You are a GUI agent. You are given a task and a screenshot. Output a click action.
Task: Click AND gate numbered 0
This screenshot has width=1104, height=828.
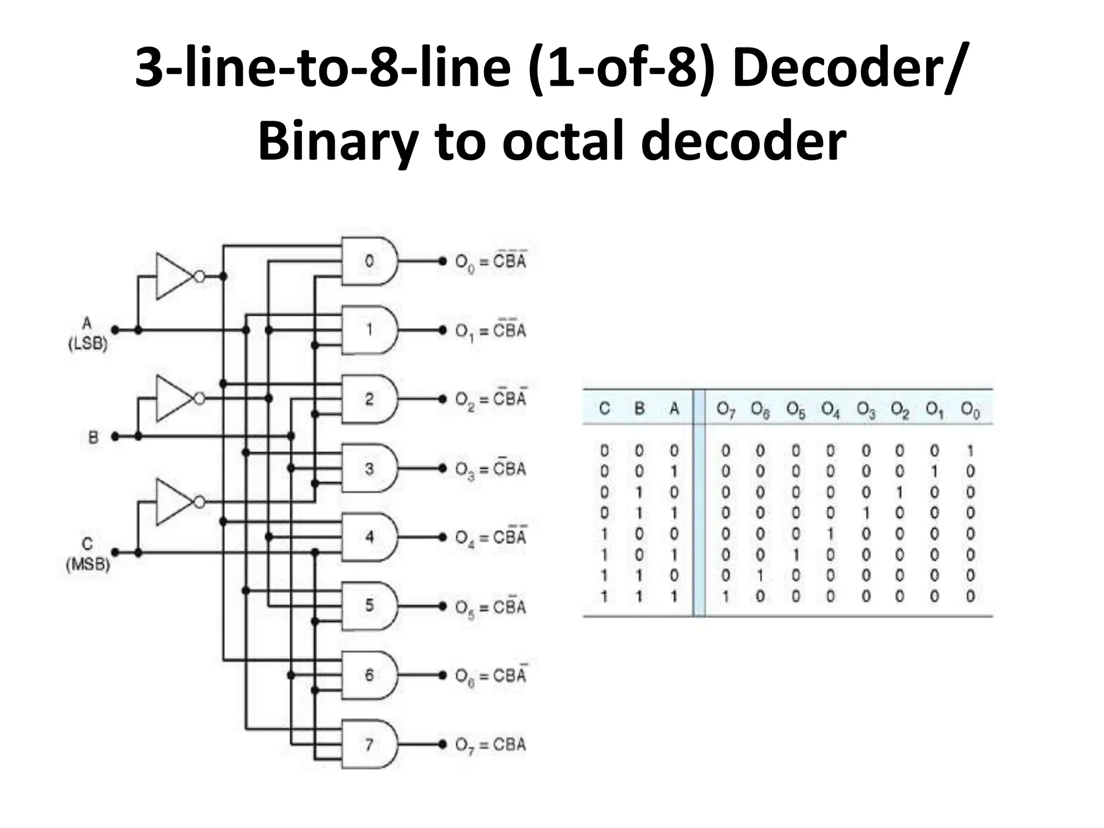[370, 261]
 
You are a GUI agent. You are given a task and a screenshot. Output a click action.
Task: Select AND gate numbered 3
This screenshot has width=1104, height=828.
[370, 468]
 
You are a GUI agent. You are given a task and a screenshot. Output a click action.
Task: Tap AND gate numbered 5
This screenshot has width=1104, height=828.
[370, 606]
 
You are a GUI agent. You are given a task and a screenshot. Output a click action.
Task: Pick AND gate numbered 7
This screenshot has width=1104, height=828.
[370, 744]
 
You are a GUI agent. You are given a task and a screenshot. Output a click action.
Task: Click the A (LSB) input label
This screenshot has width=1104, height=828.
[87, 334]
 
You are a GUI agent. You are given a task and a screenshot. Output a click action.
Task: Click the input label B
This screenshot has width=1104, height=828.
[93, 437]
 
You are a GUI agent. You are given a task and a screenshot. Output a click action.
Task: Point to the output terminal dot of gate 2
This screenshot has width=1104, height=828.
[443, 399]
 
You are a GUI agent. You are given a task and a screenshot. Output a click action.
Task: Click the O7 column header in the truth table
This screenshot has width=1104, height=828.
[726, 410]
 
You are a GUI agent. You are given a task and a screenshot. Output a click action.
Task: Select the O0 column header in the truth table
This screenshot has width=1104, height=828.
[970, 411]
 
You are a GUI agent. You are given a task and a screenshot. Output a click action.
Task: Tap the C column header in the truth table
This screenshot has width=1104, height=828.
[604, 409]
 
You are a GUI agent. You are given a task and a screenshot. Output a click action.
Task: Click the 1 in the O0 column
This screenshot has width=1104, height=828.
[970, 450]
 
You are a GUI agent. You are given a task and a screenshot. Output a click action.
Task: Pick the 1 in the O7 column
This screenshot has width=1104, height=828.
[726, 596]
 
